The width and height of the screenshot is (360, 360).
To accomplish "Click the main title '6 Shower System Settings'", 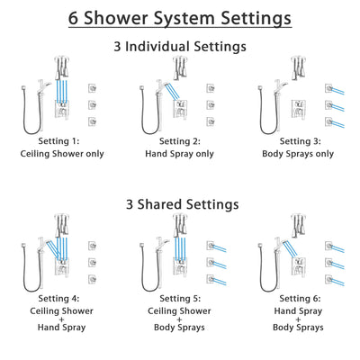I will pyautogui.click(x=180, y=18).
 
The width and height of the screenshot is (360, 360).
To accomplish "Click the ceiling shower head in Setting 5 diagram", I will pyautogui.click(x=180, y=223).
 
